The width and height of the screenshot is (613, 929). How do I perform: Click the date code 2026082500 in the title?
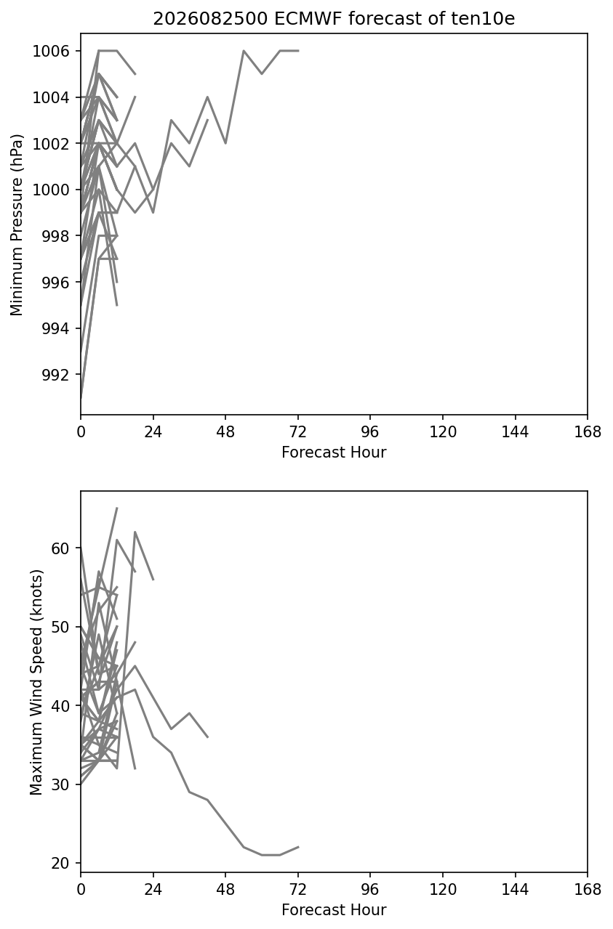(x=211, y=19)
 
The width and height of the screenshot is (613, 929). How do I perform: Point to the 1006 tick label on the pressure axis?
(x=51, y=51)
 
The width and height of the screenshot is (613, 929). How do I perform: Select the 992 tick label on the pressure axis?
(x=56, y=375)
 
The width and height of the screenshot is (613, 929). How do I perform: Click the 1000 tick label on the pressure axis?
(x=51, y=190)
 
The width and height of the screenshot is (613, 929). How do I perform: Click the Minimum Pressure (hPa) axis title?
(x=17, y=224)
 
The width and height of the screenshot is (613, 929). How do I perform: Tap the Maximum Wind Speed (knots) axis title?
(x=36, y=682)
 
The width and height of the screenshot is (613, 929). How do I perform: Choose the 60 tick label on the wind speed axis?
(x=60, y=548)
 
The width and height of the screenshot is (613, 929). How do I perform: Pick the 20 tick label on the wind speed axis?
(x=60, y=864)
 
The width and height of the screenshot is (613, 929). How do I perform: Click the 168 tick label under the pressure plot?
(x=588, y=432)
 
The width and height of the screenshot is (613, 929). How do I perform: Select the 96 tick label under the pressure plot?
(x=370, y=432)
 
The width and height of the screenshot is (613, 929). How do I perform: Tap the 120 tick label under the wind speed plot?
(x=443, y=890)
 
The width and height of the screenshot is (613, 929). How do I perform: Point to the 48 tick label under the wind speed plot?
(x=225, y=890)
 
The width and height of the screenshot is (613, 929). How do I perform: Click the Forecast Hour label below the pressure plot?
(x=334, y=452)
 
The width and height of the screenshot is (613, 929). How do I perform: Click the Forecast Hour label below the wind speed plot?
(x=334, y=910)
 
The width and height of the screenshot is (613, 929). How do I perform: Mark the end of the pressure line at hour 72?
(x=298, y=51)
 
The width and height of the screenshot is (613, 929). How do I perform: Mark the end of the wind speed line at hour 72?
(x=298, y=847)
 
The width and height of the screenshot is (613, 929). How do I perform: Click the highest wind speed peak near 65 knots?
(x=117, y=508)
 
